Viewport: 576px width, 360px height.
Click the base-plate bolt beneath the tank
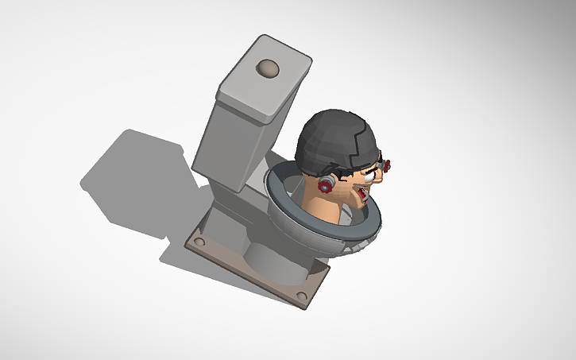tap(200, 241)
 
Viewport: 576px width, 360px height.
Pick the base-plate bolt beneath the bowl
tap(301, 296)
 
